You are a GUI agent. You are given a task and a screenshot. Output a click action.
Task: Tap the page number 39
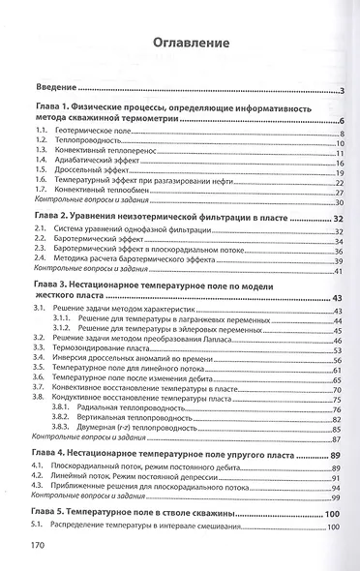[339, 260]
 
